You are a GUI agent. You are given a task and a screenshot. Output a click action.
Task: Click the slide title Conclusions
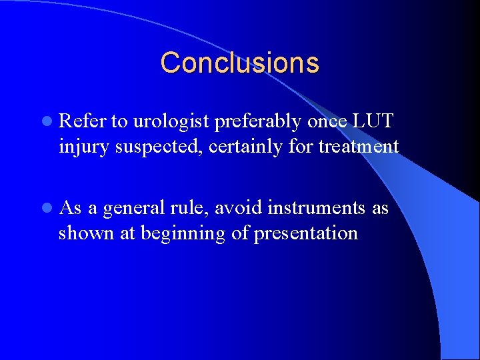239,63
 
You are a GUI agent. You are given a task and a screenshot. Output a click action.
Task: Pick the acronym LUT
374,121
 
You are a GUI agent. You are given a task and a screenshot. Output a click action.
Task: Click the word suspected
155,147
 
